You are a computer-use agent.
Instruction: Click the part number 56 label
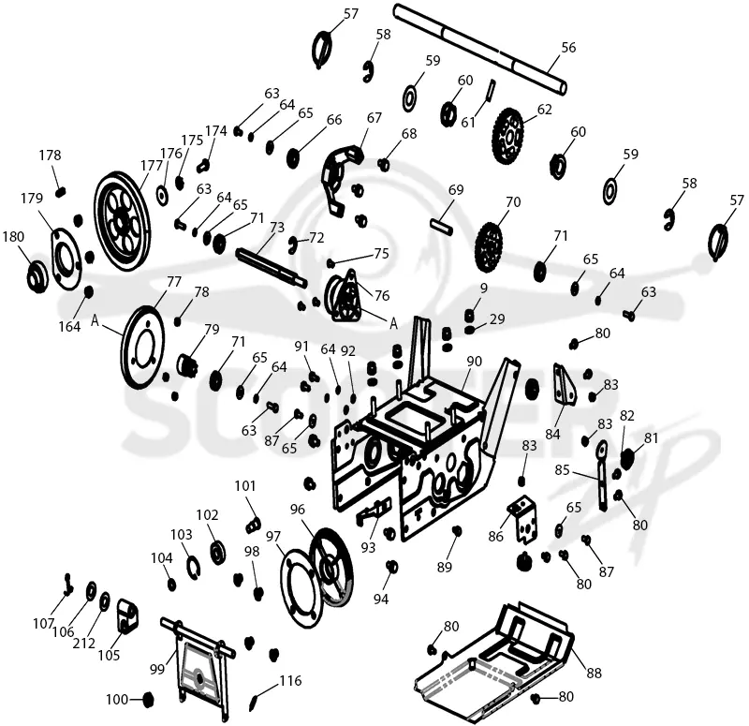pos(568,48)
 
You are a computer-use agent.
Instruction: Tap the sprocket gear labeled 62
pos(507,136)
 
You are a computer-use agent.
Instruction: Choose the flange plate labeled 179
pos(66,259)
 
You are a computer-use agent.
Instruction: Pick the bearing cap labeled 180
pos(37,276)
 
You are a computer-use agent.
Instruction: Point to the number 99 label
pos(157,670)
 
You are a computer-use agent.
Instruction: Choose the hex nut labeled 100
pos(148,699)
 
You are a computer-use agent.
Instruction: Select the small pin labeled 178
pos(60,192)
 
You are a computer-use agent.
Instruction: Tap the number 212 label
pos(83,644)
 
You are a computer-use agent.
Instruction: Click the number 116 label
pos(290,680)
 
